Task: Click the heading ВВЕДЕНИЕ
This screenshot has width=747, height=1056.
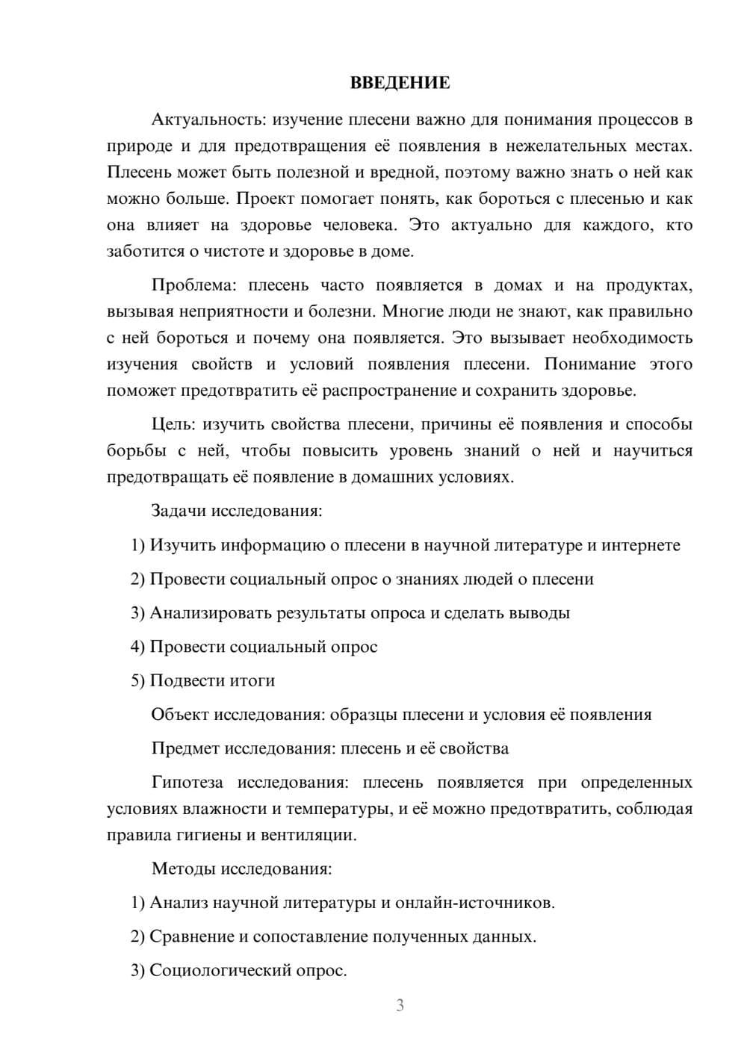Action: pos(400,83)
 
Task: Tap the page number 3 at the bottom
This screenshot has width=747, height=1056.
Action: pos(400,1005)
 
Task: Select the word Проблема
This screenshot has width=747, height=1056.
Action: pos(194,285)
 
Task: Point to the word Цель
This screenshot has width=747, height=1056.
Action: pos(173,424)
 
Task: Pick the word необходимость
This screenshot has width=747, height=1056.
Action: pos(632,338)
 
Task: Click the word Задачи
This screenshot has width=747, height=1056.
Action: pos(179,511)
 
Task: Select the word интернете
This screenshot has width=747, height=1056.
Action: pos(641,545)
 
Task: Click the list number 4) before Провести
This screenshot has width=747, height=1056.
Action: pos(137,647)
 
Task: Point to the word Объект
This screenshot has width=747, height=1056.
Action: pos(180,715)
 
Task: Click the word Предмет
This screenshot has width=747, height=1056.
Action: pos(185,748)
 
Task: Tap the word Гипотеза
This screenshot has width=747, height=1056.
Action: pos(187,783)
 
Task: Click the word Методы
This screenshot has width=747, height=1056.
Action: pos(181,869)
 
